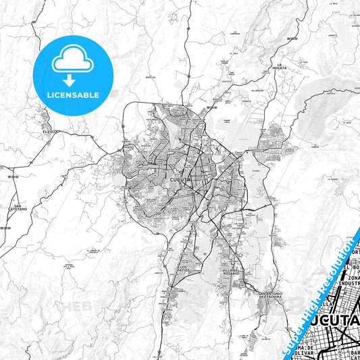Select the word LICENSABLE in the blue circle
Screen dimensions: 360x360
click(72, 95)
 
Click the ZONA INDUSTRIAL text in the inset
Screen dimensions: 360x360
click(353, 282)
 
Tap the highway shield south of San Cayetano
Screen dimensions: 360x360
click(6, 230)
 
